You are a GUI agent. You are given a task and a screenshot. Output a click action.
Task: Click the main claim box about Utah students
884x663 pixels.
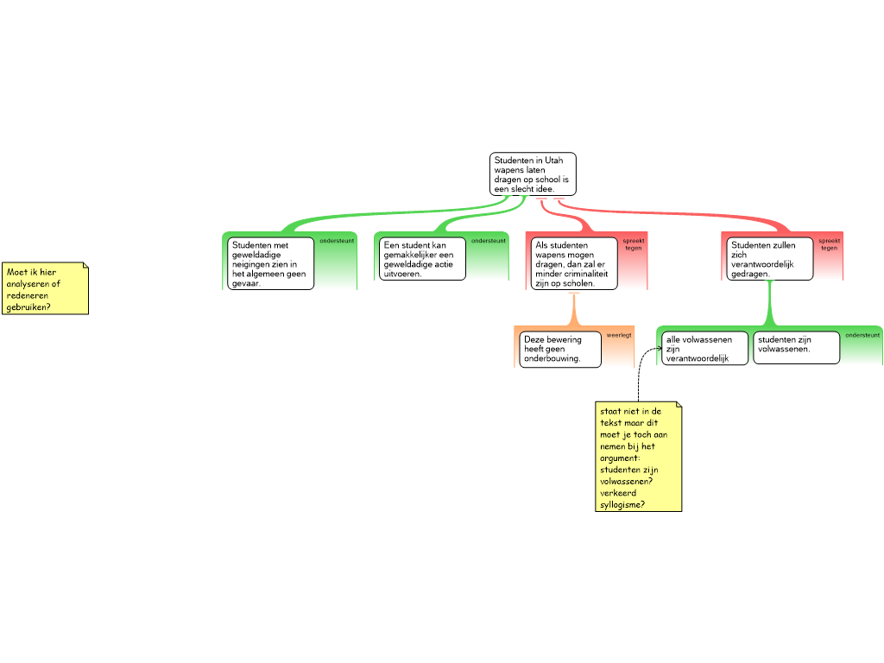point(533,174)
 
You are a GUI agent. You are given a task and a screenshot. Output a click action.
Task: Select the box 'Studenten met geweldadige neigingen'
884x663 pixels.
point(270,263)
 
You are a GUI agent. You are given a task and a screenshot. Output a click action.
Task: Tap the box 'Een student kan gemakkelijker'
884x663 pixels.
point(422,259)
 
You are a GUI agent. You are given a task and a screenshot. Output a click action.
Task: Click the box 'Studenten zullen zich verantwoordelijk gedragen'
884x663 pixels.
point(769,259)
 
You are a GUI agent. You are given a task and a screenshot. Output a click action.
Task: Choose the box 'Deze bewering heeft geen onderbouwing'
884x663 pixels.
point(559,349)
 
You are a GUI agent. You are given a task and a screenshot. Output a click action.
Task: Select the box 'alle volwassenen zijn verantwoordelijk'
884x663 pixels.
point(704,349)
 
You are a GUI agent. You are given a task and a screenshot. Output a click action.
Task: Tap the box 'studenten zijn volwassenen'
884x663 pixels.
point(797,347)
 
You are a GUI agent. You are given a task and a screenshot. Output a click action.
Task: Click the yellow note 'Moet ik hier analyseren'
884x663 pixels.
point(45,288)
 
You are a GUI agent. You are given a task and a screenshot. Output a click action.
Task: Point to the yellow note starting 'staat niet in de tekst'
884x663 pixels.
point(639,457)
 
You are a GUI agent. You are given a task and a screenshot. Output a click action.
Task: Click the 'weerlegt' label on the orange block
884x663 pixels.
point(619,336)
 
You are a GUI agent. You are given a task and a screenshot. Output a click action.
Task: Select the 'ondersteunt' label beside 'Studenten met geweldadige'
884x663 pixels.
point(337,241)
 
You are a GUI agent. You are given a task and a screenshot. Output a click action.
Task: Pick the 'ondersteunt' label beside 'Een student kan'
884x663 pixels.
point(489,241)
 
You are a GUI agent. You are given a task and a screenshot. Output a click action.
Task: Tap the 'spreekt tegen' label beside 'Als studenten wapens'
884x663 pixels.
point(634,244)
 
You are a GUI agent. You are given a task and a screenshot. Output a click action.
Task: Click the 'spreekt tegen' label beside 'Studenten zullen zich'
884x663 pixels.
point(830,244)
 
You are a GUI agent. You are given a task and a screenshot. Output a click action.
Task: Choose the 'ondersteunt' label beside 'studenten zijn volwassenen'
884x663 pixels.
point(862,335)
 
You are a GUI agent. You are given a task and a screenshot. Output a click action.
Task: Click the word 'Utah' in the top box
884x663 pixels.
point(553,160)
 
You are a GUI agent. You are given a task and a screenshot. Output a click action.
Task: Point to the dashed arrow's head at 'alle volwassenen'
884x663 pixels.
point(660,349)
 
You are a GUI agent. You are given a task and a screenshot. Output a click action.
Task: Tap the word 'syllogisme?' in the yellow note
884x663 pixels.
point(622,504)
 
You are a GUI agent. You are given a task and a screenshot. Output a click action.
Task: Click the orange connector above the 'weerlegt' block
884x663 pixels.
point(574,309)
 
